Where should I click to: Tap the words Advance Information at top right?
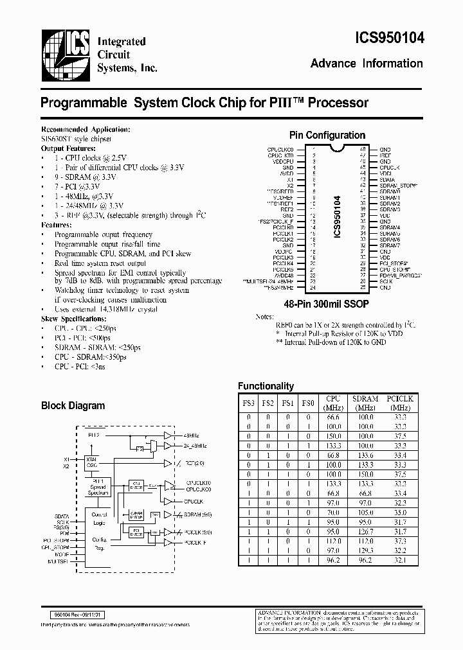coord(367,64)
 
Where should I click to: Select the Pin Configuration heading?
coord(327,136)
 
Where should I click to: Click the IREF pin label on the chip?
coord(385,155)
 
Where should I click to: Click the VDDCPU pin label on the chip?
coord(284,161)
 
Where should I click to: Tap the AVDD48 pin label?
coord(284,275)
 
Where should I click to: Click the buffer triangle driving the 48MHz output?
coord(168,435)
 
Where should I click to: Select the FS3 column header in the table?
coord(248,403)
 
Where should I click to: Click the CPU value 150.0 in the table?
coord(333,435)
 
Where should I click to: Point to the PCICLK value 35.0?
coord(399,513)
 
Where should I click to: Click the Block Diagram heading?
coord(73,406)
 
